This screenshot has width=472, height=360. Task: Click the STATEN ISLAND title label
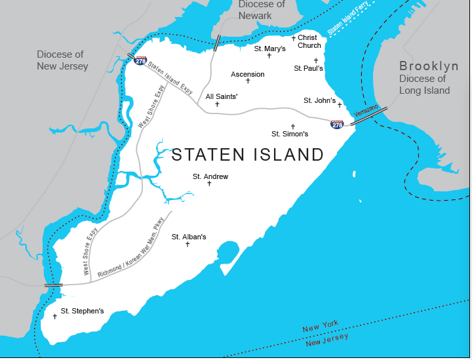tap(247, 155)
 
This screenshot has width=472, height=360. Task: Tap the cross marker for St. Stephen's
tap(55, 317)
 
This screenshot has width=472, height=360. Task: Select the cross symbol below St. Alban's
tap(187, 245)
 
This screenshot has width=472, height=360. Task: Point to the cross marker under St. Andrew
tap(209, 184)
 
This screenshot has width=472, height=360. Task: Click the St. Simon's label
tap(290, 134)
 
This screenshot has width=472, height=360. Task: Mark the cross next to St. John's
tap(340, 104)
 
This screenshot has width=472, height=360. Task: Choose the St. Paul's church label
tap(308, 68)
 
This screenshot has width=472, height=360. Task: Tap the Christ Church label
tap(309, 42)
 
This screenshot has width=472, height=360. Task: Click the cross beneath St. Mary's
tap(269, 56)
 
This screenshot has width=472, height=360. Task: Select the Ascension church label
tap(248, 74)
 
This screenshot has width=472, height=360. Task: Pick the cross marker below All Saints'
tap(217, 104)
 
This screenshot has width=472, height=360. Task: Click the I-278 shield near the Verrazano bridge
tap(337, 123)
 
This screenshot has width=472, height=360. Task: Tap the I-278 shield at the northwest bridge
tap(141, 60)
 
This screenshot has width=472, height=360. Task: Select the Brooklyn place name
tap(429, 66)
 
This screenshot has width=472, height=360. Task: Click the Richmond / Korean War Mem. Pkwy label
tap(130, 253)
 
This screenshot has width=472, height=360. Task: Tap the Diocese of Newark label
tap(262, 10)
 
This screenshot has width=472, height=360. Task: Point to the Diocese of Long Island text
tap(424, 85)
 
